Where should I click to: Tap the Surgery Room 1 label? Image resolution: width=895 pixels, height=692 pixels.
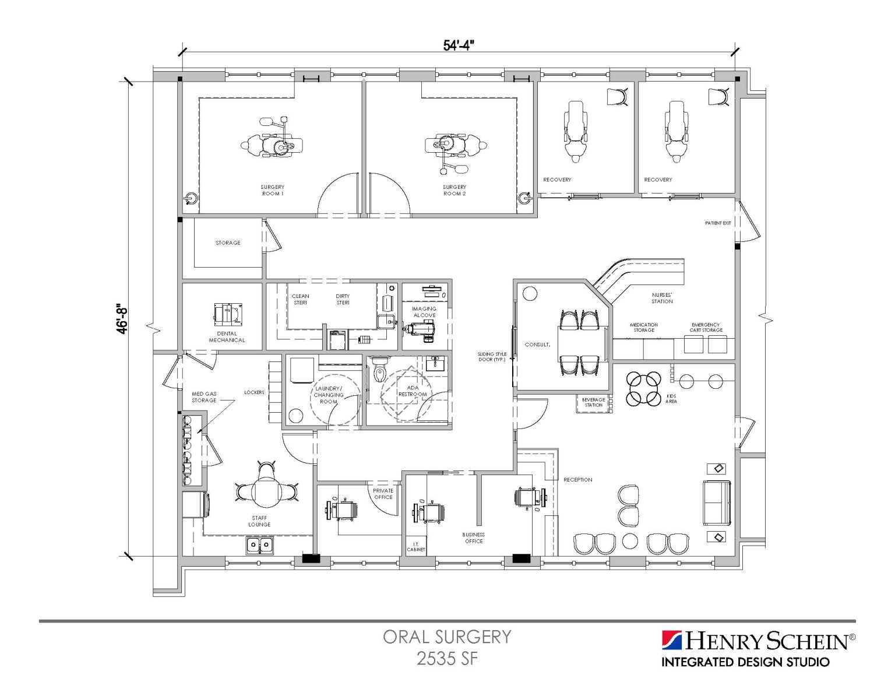(x=272, y=190)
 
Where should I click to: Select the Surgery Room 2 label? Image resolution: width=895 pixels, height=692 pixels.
(x=454, y=190)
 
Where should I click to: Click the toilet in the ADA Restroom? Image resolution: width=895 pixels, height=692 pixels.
(x=380, y=369)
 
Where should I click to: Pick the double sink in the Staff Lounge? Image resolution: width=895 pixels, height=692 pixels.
(x=259, y=545)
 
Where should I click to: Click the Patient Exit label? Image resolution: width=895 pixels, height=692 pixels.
(x=717, y=223)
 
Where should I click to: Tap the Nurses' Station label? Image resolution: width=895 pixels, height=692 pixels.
(x=662, y=298)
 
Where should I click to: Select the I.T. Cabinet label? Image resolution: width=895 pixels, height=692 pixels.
(x=416, y=547)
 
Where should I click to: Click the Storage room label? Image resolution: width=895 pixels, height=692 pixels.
(x=228, y=243)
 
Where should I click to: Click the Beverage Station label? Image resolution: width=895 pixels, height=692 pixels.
(x=593, y=402)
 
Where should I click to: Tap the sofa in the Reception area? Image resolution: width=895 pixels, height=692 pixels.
(x=717, y=503)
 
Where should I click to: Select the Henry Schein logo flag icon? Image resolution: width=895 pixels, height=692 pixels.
(x=671, y=640)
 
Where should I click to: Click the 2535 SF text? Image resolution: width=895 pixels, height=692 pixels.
(x=447, y=659)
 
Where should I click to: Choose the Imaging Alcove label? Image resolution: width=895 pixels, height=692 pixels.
(x=424, y=312)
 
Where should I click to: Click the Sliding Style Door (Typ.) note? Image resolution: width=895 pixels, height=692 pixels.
(x=492, y=357)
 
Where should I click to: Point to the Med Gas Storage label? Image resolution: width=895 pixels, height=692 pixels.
(x=204, y=397)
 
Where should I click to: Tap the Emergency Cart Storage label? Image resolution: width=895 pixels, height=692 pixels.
(x=706, y=327)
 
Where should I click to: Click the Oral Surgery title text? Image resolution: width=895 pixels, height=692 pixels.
(x=447, y=637)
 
